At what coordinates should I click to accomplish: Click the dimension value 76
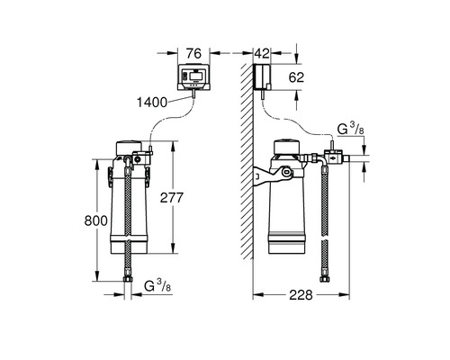pos(193,54)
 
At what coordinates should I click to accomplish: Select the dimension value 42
pos(262,54)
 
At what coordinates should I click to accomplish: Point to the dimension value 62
pos(296,77)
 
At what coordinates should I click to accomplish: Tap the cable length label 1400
pos(152,103)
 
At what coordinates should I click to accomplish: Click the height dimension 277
pos(171,198)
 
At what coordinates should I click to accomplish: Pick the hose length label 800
pos(96,220)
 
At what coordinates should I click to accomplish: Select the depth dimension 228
pos(301,295)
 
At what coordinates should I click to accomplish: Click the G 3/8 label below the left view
pos(157,285)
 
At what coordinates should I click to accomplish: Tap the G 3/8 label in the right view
pos(351,129)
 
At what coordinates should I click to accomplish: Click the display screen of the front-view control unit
pos(195,76)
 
